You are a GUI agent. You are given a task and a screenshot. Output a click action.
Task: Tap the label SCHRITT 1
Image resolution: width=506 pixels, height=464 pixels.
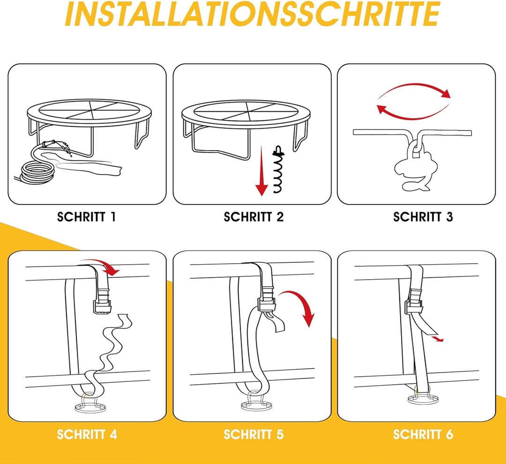86,217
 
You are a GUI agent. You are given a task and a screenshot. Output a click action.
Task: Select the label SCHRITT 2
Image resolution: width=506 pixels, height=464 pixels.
253,217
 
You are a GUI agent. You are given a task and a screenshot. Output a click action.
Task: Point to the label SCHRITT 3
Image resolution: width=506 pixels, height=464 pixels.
423,217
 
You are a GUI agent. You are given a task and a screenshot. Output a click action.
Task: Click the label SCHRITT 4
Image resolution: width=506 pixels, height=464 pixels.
87,434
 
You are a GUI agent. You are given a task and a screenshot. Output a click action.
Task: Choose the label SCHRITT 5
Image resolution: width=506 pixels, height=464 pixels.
253,434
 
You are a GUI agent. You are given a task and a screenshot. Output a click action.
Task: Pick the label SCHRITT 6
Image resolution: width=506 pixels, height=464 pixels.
423,434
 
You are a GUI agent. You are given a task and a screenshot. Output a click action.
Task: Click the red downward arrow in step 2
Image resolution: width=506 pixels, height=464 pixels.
262,171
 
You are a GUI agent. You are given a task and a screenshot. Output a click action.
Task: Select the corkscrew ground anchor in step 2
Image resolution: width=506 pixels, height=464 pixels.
278,170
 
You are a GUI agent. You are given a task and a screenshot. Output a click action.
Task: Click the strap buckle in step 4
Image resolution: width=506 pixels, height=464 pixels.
102,302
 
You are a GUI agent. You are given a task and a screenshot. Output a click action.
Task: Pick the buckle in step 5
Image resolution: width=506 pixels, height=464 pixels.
267,301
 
